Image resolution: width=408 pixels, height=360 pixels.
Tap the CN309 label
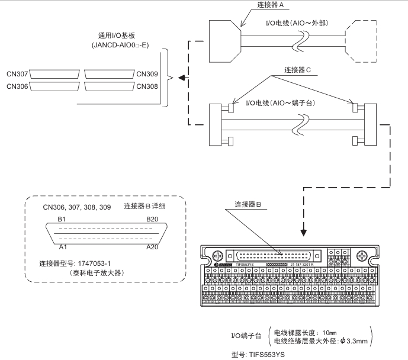coord(147,74)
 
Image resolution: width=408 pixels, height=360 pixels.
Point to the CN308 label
coord(147,86)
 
